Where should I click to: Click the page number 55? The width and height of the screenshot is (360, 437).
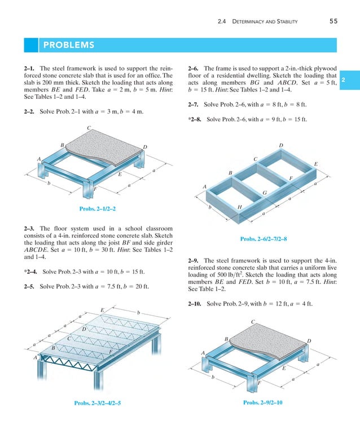click(x=333, y=21)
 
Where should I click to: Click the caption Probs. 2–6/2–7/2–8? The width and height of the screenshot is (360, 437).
click(x=264, y=239)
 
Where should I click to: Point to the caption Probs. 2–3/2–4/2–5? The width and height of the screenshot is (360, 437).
click(x=97, y=403)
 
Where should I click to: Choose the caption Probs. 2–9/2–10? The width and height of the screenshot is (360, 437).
click(x=262, y=402)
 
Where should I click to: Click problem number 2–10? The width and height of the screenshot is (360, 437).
click(x=196, y=304)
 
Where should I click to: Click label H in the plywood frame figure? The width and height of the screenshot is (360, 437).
click(x=240, y=207)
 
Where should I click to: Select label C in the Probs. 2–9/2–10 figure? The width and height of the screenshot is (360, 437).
click(x=253, y=322)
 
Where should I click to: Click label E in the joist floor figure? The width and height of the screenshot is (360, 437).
click(x=102, y=311)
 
